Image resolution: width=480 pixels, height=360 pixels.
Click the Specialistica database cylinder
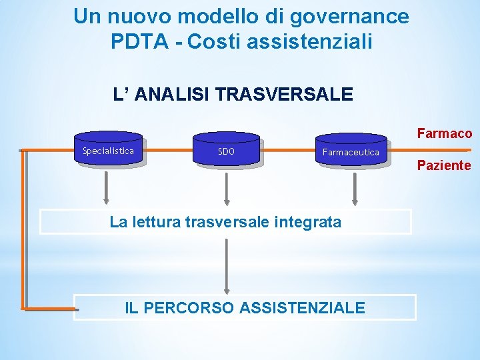pyautogui.click(x=108, y=151)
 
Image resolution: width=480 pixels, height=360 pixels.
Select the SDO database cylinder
pyautogui.click(x=226, y=151)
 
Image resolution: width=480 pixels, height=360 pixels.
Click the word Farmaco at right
pyautogui.click(x=445, y=133)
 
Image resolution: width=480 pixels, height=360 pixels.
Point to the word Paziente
pyautogui.click(x=444, y=165)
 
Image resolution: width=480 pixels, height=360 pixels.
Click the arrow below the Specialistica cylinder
pyautogui.click(x=105, y=187)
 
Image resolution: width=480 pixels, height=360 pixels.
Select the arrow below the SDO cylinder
pyautogui.click(x=227, y=187)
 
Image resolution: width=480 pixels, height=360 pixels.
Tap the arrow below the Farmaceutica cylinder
pyautogui.click(x=355, y=187)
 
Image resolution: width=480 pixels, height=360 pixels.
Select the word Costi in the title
pyautogui.click(x=215, y=41)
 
